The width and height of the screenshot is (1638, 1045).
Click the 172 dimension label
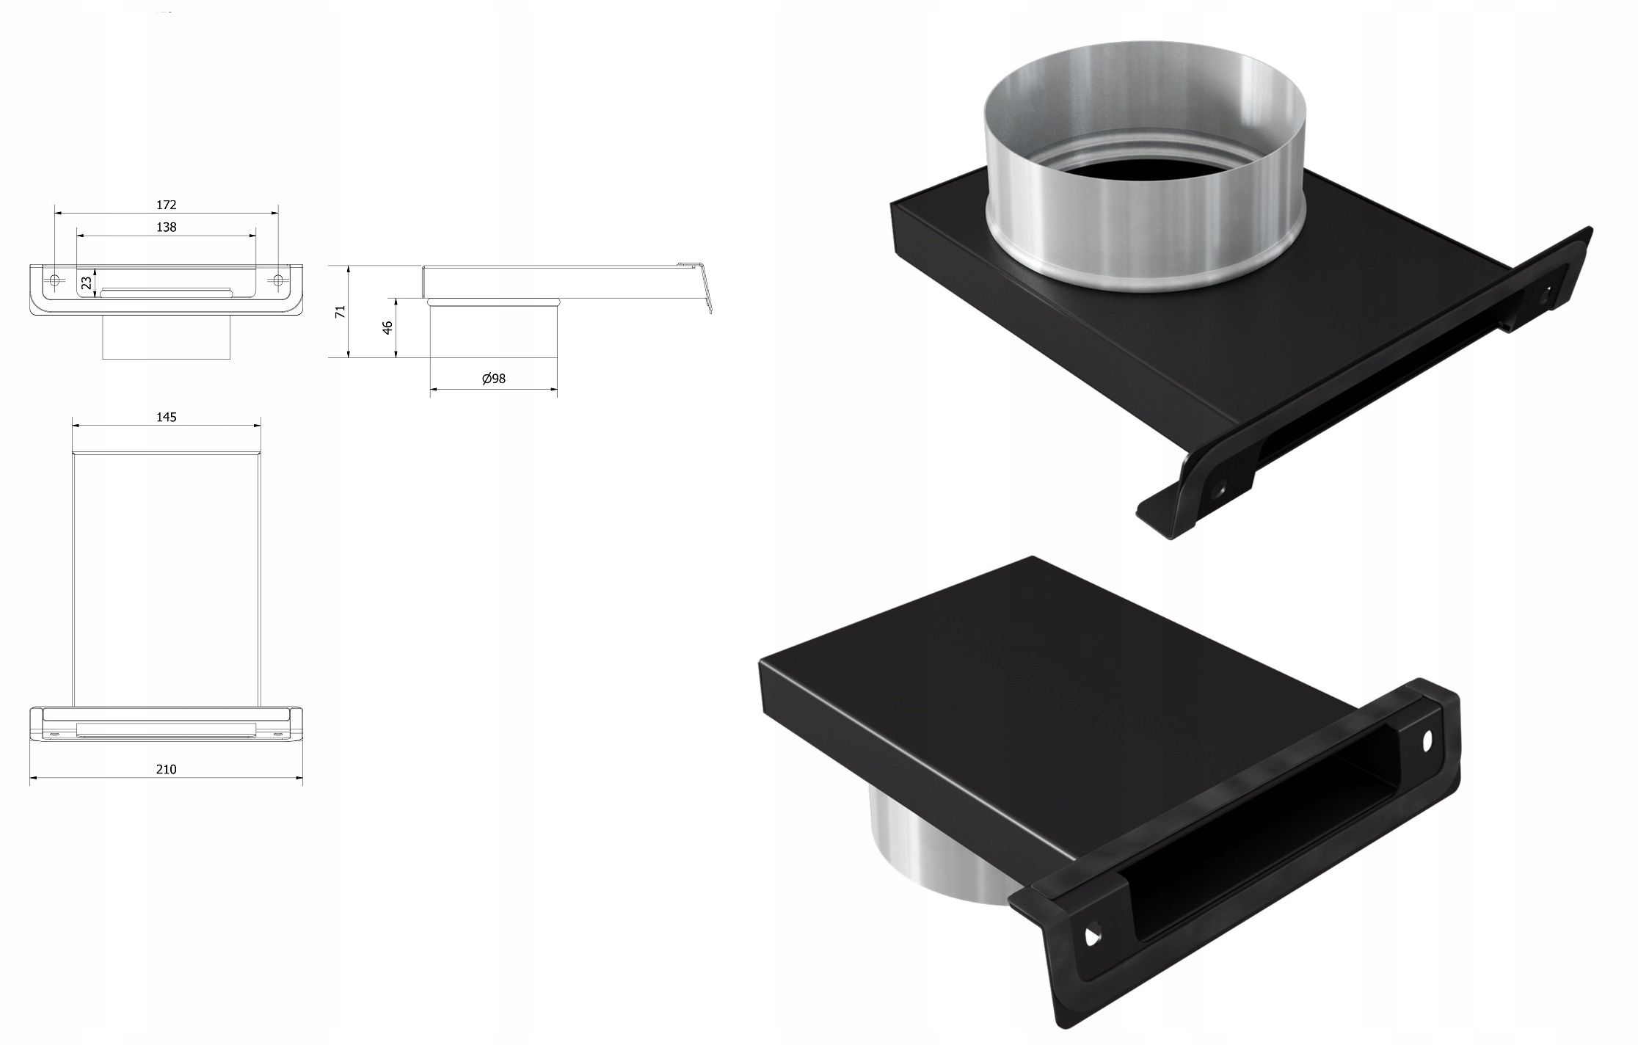(167, 205)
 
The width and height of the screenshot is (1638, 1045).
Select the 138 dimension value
(167, 227)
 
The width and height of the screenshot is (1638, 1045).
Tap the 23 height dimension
(87, 282)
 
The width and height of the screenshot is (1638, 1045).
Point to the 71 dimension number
(340, 312)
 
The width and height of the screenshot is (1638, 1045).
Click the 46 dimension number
(388, 327)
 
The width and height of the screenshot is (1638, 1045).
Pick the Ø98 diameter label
(494, 379)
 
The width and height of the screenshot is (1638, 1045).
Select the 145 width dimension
(167, 417)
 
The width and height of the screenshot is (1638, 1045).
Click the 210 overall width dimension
(167, 769)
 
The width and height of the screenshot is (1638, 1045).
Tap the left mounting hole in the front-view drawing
(55, 280)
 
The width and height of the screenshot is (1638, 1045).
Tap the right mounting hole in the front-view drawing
(278, 280)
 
